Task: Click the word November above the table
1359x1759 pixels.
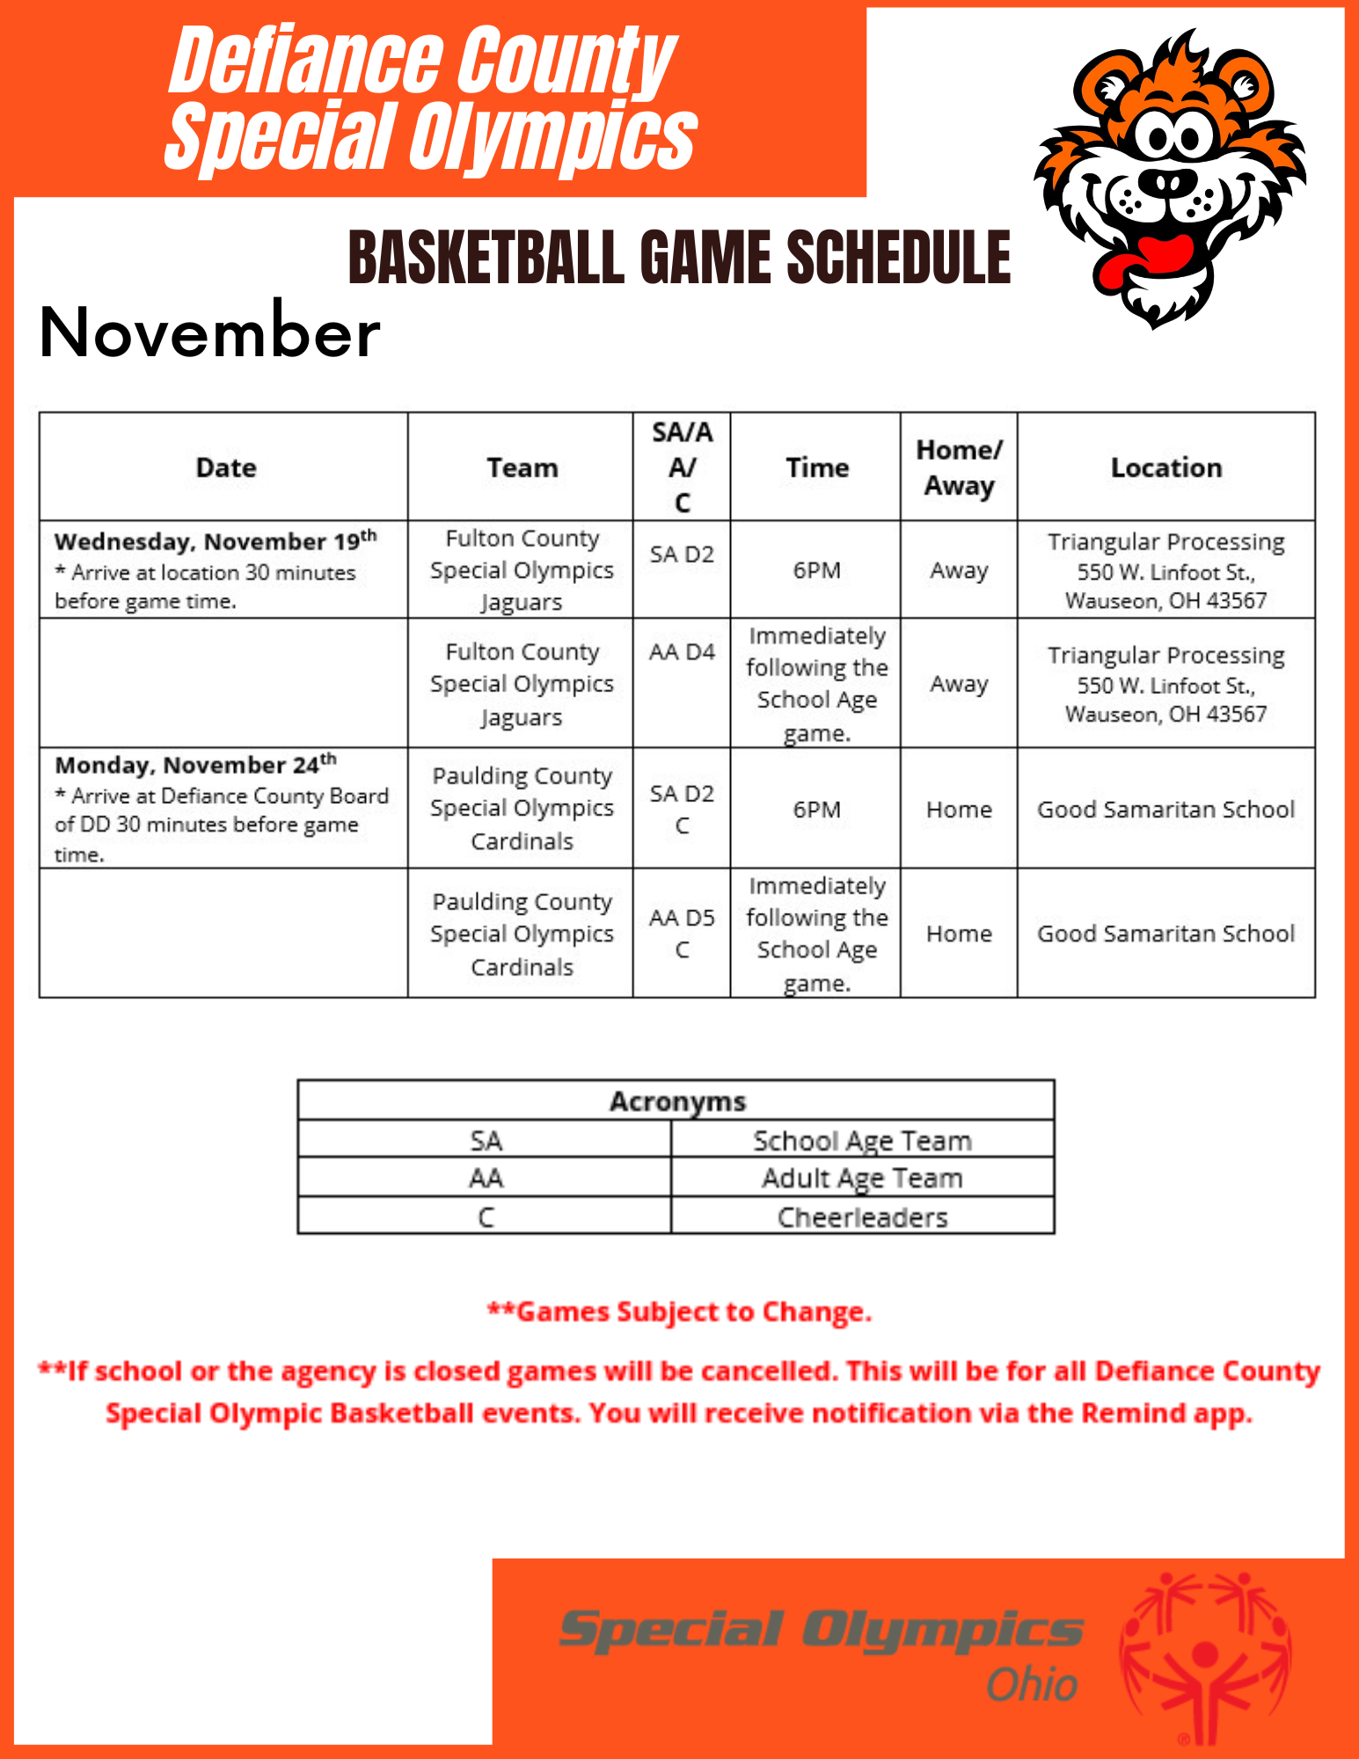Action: click(209, 332)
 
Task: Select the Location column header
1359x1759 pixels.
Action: click(1165, 467)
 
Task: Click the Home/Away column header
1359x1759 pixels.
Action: click(958, 467)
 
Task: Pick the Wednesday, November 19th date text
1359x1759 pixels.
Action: click(216, 540)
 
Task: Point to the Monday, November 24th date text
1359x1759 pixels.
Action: click(195, 763)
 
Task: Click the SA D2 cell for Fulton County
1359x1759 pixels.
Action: click(682, 555)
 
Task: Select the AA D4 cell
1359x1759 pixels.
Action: click(682, 652)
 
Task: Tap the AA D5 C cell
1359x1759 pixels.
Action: click(682, 933)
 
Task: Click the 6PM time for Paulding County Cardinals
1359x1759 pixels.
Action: click(816, 809)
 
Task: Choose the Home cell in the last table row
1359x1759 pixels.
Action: click(958, 933)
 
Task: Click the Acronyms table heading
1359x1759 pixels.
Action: click(676, 1101)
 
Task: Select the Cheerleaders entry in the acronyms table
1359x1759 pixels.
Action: click(862, 1217)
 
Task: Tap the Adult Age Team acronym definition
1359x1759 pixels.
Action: click(862, 1178)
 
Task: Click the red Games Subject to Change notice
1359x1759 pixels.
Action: click(679, 1311)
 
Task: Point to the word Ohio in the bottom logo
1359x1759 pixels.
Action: click(1031, 1685)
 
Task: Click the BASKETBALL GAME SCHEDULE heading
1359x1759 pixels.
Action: click(679, 257)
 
